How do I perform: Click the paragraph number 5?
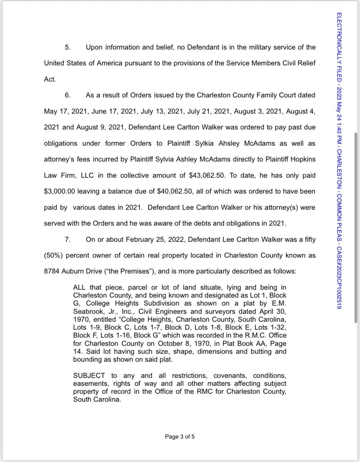(67, 47)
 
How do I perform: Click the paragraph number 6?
(67, 95)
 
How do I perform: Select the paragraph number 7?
(67, 240)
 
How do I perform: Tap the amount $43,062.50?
(207, 175)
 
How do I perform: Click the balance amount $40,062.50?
(175, 191)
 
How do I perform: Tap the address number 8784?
(52, 271)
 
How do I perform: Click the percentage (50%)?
(53, 255)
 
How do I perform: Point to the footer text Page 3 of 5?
(180, 437)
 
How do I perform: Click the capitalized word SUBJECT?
(89, 376)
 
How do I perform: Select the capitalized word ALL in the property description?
(79, 287)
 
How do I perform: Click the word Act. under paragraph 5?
(50, 79)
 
